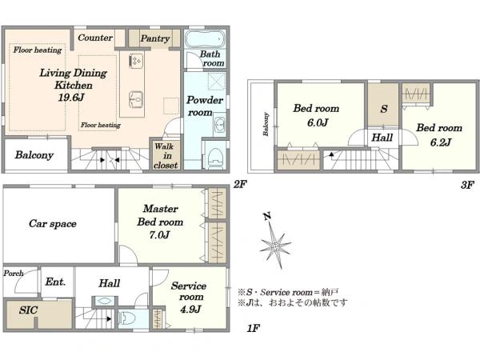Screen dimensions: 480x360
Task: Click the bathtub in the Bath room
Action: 205,39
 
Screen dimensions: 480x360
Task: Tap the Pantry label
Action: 155,38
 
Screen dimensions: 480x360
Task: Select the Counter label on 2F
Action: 95,38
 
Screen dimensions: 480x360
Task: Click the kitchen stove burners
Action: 136,60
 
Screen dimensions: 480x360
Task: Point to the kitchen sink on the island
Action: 136,100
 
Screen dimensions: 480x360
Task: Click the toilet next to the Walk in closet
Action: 214,158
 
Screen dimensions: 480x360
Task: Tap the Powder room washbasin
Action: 220,124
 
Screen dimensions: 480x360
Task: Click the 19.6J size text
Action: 70,98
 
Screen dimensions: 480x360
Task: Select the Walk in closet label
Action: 166,156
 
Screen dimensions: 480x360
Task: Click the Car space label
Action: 53,224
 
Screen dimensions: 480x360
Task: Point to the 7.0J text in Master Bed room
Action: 159,234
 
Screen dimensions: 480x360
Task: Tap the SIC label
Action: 28,310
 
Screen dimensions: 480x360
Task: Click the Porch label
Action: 14,273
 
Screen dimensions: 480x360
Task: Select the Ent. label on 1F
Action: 55,282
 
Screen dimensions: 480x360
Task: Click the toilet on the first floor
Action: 126,318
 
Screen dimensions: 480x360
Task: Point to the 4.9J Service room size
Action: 190,309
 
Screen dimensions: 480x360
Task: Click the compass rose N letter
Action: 267,217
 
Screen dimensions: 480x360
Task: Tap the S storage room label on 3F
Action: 384,109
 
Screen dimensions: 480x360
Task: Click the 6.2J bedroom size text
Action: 441,142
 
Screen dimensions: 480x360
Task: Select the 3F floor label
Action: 467,185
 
